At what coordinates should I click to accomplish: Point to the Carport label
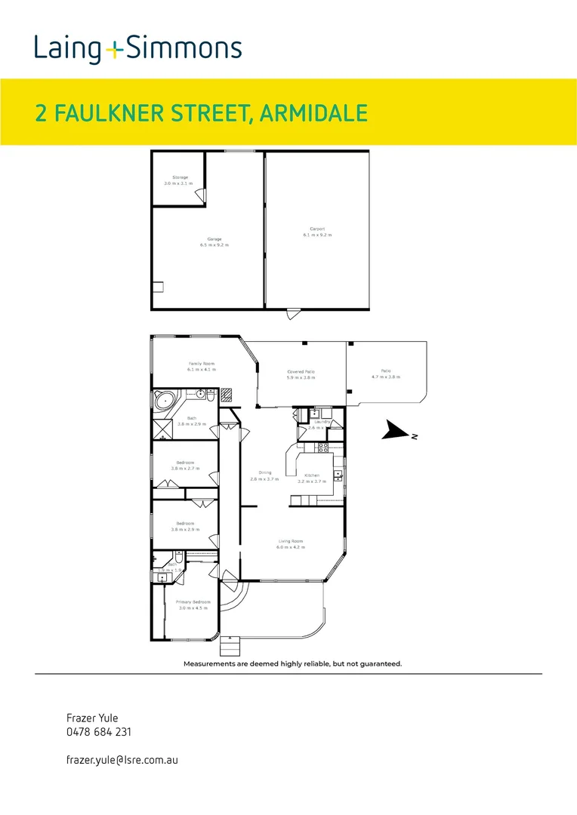pyautogui.click(x=317, y=232)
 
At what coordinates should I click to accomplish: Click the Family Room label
pyautogui.click(x=202, y=367)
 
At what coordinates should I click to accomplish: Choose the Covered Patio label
pyautogui.click(x=300, y=374)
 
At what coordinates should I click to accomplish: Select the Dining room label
pyautogui.click(x=264, y=476)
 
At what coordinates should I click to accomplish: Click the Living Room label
pyautogui.click(x=291, y=543)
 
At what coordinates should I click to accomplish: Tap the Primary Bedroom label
pyautogui.click(x=193, y=604)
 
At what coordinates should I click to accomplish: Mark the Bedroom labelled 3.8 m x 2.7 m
pyautogui.click(x=185, y=465)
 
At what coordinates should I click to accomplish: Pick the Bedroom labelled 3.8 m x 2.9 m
pyautogui.click(x=185, y=526)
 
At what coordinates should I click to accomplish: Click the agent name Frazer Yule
pyautogui.click(x=93, y=718)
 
